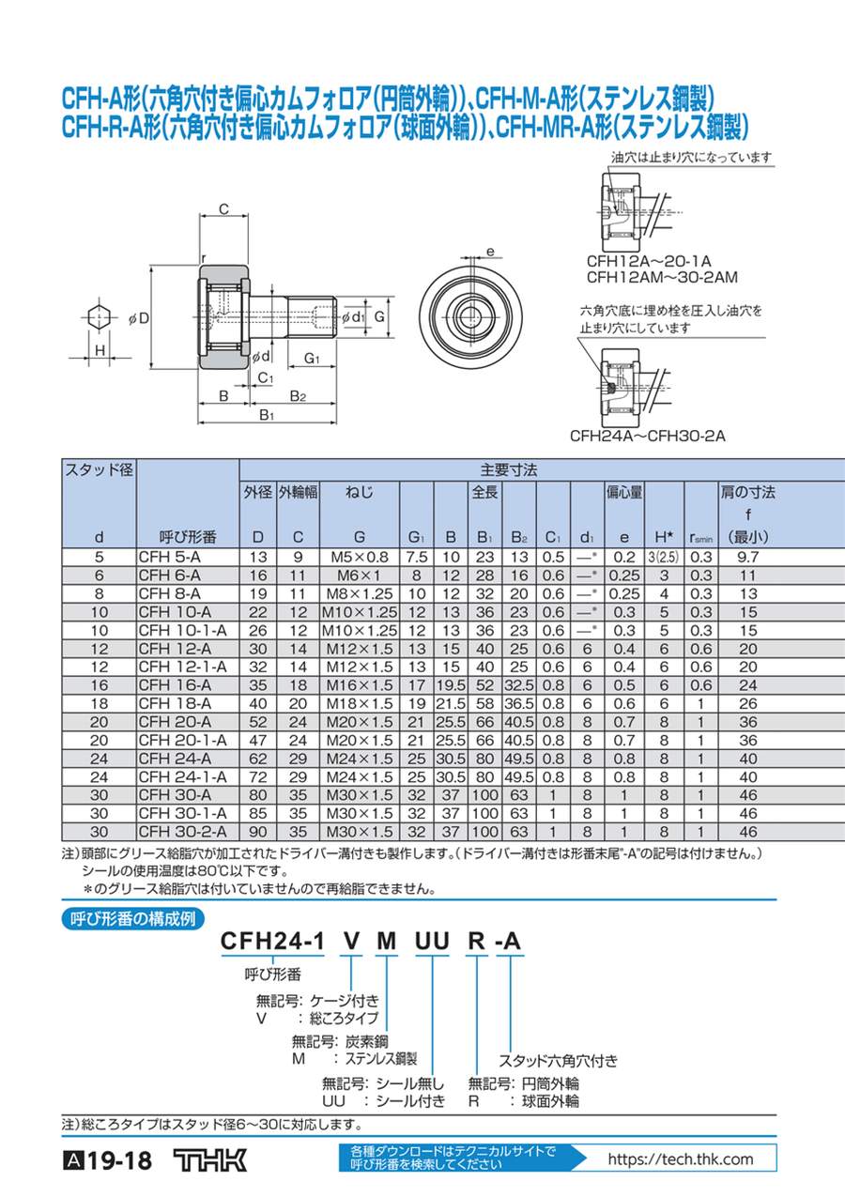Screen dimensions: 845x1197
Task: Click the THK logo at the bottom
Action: (x=210, y=1160)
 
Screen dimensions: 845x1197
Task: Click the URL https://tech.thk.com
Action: (x=681, y=1159)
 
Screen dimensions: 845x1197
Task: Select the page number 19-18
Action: (x=120, y=1161)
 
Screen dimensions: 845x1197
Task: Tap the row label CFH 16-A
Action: (x=175, y=685)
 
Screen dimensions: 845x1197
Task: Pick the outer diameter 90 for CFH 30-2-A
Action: (x=257, y=832)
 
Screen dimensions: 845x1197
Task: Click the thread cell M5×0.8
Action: (x=360, y=558)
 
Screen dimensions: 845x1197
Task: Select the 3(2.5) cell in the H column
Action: (x=663, y=558)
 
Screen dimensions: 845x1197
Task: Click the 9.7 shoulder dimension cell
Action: (x=747, y=558)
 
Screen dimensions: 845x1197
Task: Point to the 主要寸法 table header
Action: (x=508, y=470)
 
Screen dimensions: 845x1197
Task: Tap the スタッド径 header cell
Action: (x=99, y=470)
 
